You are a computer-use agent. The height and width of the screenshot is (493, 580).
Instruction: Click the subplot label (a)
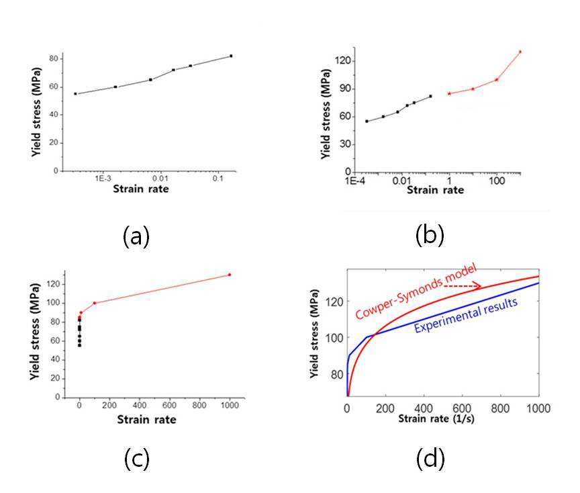pyautogui.click(x=136, y=237)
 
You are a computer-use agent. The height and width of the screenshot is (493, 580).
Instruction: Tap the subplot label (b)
pyautogui.click(x=430, y=236)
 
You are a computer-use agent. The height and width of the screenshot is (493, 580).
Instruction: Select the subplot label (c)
pyautogui.click(x=136, y=459)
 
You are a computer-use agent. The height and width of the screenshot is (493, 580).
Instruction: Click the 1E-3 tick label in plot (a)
pyautogui.click(x=103, y=179)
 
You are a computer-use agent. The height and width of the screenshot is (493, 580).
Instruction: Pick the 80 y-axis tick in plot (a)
pyautogui.click(x=54, y=59)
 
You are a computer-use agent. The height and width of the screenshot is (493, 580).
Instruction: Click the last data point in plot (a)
pyautogui.click(x=231, y=56)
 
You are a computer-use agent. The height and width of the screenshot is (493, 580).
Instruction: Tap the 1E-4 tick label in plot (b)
pyautogui.click(x=355, y=181)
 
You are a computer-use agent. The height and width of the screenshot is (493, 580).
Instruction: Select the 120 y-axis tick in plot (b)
pyautogui.click(x=342, y=60)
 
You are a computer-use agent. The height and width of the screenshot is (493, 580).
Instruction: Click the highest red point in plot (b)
pyautogui.click(x=520, y=52)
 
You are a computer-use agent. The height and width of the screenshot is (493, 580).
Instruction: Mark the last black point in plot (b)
pyautogui.click(x=430, y=96)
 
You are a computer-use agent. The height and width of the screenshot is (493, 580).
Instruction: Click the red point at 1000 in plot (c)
pyautogui.click(x=230, y=275)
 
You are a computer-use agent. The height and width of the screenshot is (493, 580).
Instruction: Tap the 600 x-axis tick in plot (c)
pyautogui.click(x=169, y=405)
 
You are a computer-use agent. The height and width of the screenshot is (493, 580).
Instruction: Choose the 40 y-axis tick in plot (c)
pyautogui.click(x=56, y=359)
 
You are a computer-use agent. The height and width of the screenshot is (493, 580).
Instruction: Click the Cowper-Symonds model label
pyautogui.click(x=416, y=292)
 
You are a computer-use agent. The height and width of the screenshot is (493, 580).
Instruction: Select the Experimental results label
pyautogui.click(x=466, y=315)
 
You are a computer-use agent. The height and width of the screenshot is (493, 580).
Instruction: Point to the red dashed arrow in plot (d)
pyautogui.click(x=462, y=286)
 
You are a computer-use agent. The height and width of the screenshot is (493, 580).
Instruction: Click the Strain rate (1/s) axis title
pyautogui.click(x=436, y=418)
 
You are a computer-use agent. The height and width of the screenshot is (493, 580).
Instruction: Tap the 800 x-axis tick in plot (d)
pyautogui.click(x=500, y=408)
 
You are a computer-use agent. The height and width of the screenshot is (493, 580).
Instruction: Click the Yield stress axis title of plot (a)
pyautogui.click(x=36, y=112)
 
